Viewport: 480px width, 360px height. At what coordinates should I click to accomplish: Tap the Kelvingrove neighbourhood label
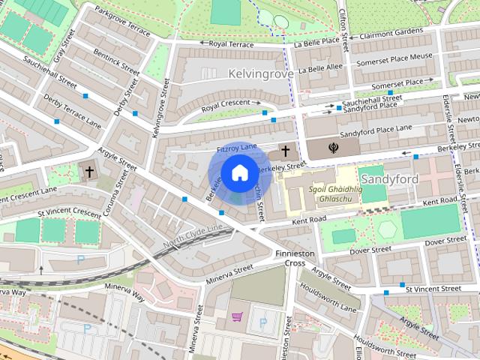[x=257, y=75]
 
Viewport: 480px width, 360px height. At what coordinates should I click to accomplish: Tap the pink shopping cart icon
[x=237, y=319]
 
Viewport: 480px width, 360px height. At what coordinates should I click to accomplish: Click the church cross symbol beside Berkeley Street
[x=285, y=150]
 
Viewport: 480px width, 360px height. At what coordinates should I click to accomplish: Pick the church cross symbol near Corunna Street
[x=89, y=172]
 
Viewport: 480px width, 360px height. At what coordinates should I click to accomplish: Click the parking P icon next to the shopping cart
[x=262, y=322]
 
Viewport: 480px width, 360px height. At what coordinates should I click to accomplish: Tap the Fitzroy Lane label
[x=236, y=150]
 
